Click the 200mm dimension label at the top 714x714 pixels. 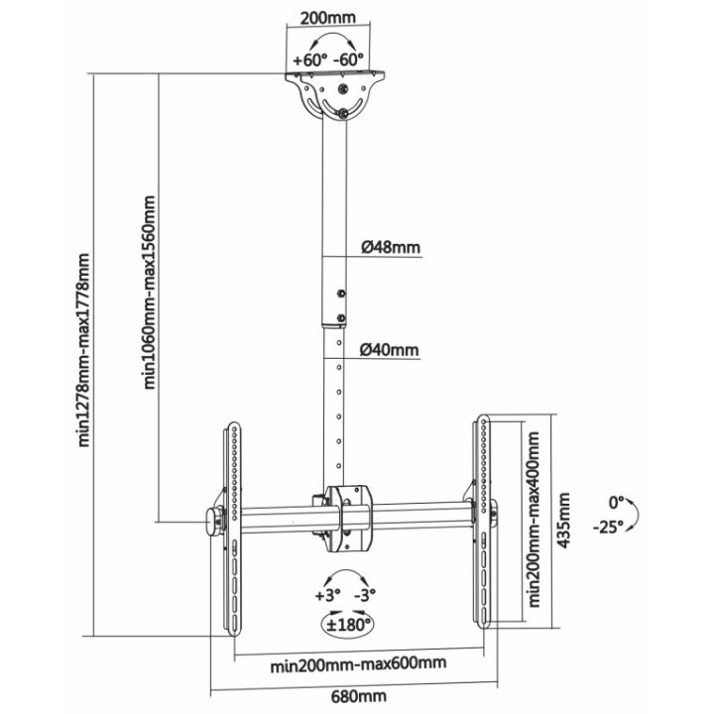(328, 18)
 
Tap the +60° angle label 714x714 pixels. (310, 59)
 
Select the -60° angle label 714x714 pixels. (349, 59)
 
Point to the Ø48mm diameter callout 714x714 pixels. (391, 247)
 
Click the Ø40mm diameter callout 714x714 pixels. (389, 350)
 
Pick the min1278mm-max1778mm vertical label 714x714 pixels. (83, 350)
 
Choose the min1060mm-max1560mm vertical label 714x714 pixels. (150, 293)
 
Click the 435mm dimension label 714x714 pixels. (563, 520)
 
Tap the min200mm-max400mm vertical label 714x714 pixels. (535, 520)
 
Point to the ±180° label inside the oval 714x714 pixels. (348, 624)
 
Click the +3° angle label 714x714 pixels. (328, 594)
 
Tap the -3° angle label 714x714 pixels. (365, 594)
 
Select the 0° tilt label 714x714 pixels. (616, 503)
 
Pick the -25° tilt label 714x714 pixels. (608, 528)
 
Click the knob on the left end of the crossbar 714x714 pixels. (213, 522)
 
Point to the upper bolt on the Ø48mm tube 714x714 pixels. (340, 294)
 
